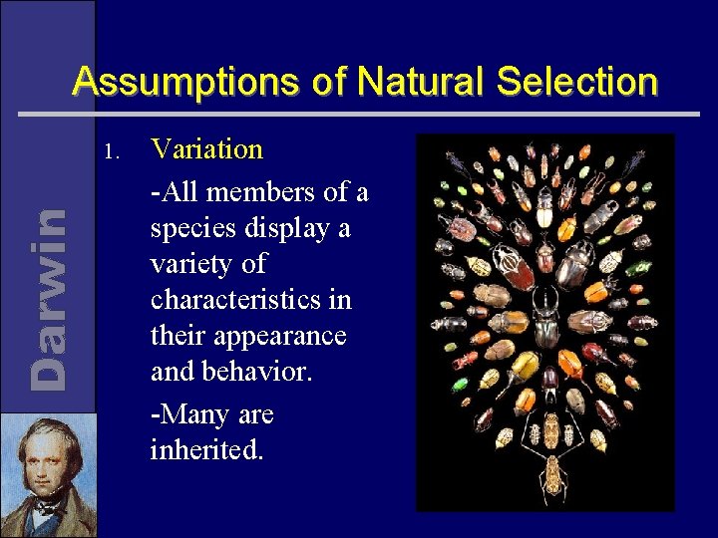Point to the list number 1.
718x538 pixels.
[111, 152]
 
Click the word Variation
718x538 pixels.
[206, 149]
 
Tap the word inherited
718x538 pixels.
[206, 450]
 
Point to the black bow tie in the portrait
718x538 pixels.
[45, 508]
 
